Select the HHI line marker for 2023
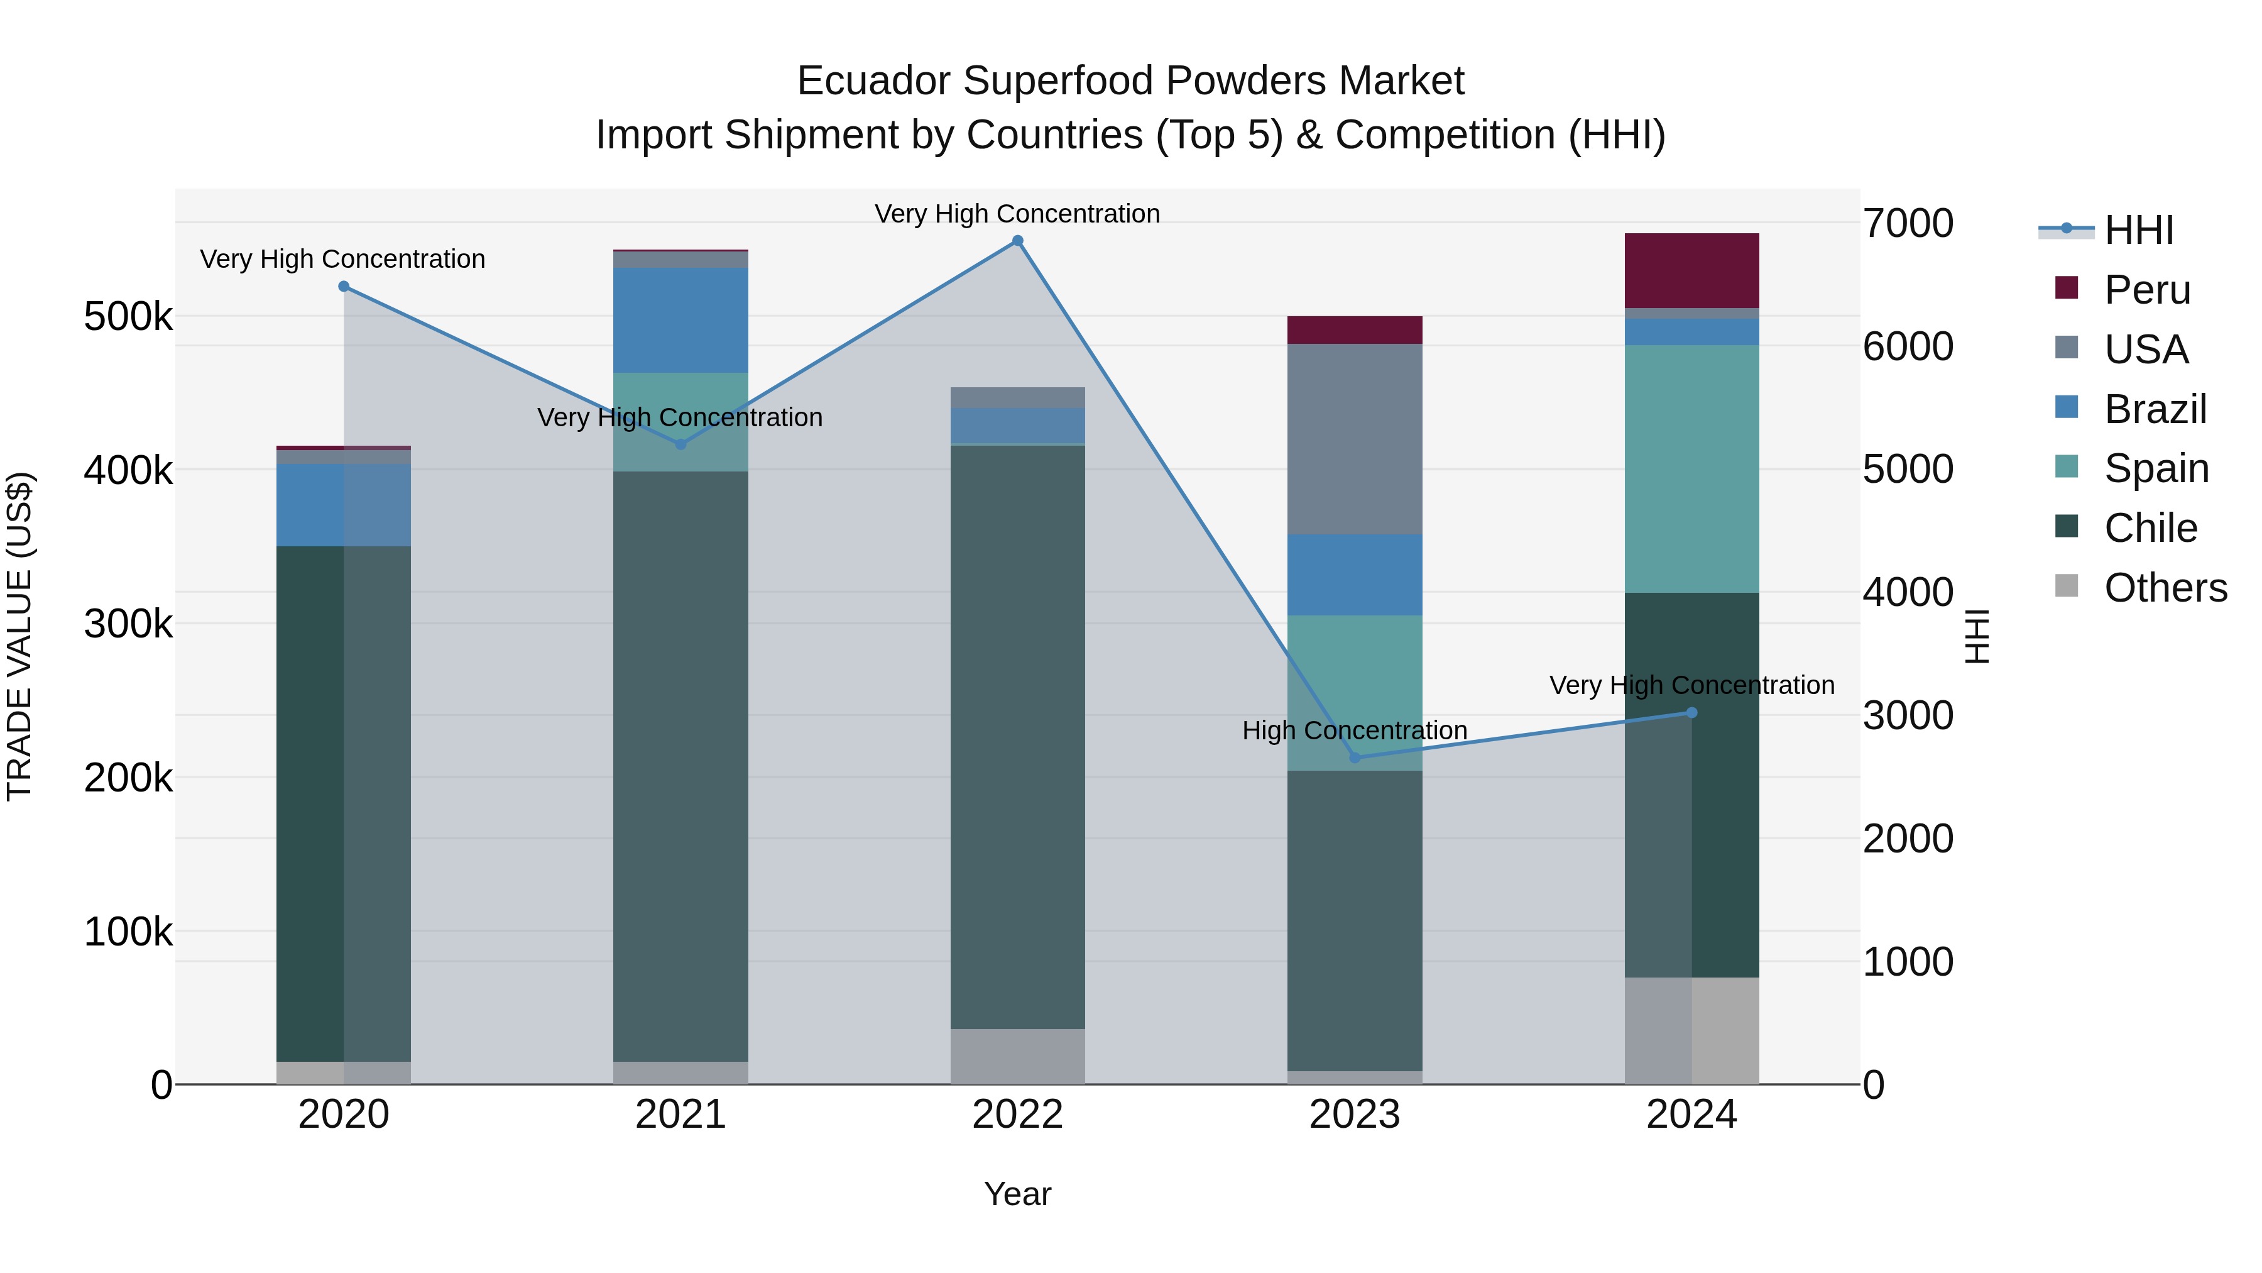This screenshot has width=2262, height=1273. [x=1354, y=758]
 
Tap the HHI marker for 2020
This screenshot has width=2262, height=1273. [x=343, y=287]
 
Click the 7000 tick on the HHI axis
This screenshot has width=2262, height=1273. [x=1908, y=223]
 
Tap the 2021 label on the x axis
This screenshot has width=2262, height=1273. [x=680, y=1115]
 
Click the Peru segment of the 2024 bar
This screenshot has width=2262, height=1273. [x=1691, y=270]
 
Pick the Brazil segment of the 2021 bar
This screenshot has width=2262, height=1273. [x=680, y=320]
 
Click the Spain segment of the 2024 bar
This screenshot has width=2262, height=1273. [x=1691, y=468]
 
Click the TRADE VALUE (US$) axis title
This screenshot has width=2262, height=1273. [x=19, y=636]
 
